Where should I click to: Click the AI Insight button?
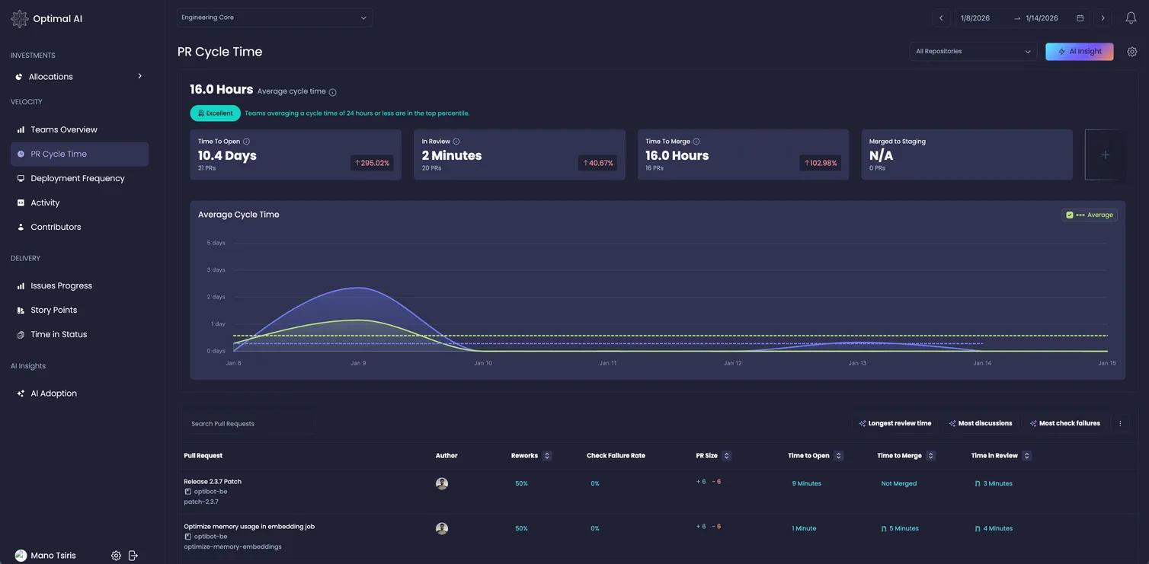click(x=1079, y=52)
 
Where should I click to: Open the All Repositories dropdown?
click(x=973, y=52)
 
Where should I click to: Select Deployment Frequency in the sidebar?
click(x=77, y=178)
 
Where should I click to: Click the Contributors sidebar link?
click(x=56, y=227)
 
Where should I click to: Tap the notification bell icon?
click(x=1131, y=18)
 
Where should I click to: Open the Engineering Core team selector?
click(x=274, y=18)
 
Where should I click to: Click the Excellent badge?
click(x=215, y=113)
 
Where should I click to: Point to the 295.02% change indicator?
click(x=372, y=163)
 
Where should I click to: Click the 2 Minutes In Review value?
click(x=452, y=155)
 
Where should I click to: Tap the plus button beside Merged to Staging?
click(x=1105, y=155)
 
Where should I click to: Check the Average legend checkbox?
click(x=1070, y=215)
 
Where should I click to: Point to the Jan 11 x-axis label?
click(x=608, y=363)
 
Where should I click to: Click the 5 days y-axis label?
click(x=216, y=243)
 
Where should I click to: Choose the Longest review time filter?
click(x=895, y=423)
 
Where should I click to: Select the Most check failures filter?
click(x=1065, y=423)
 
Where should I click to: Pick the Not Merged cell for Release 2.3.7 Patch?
click(x=899, y=484)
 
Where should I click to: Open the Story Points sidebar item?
click(x=53, y=310)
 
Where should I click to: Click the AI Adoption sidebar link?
click(x=53, y=394)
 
